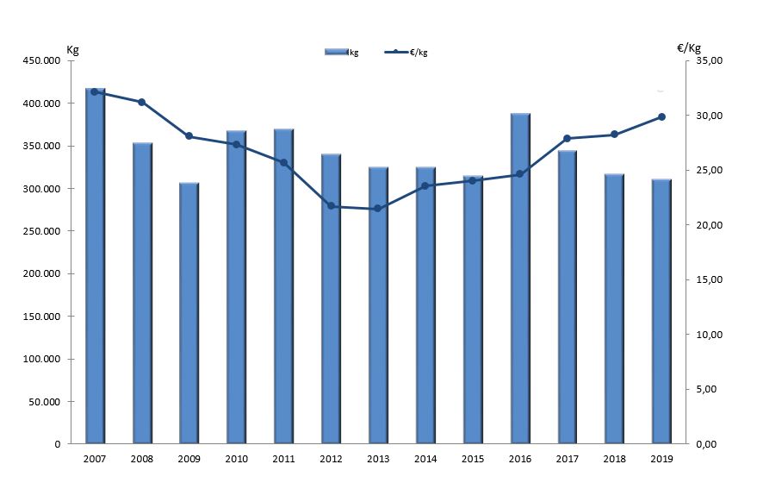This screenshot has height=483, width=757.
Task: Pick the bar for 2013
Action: click(378, 305)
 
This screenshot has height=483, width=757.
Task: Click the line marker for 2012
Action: click(331, 205)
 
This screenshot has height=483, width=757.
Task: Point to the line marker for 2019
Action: click(661, 116)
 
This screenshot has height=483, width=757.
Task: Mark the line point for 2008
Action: click(142, 102)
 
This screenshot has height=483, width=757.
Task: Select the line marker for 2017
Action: click(567, 138)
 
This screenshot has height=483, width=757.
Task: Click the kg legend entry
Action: click(342, 53)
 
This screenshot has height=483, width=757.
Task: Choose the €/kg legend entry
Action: click(406, 53)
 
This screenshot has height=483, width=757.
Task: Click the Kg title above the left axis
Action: click(72, 49)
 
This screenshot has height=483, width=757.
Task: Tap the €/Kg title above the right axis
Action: click(689, 48)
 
